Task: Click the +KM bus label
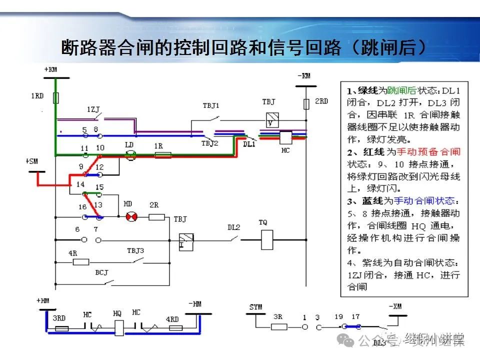click(x=50, y=69)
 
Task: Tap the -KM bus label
click(x=303, y=76)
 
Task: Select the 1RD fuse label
click(x=37, y=95)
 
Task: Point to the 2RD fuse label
click(x=321, y=101)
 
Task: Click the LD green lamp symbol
click(x=130, y=155)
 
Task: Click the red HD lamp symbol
click(x=131, y=217)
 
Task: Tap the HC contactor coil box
click(x=285, y=138)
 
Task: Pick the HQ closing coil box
click(x=118, y=328)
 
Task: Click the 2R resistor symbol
click(x=157, y=217)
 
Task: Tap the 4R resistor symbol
click(x=81, y=261)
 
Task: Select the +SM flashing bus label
click(x=31, y=161)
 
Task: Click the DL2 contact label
click(x=234, y=227)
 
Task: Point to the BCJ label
click(x=101, y=273)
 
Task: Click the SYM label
click(x=255, y=307)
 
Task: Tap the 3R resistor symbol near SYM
click(x=279, y=326)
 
